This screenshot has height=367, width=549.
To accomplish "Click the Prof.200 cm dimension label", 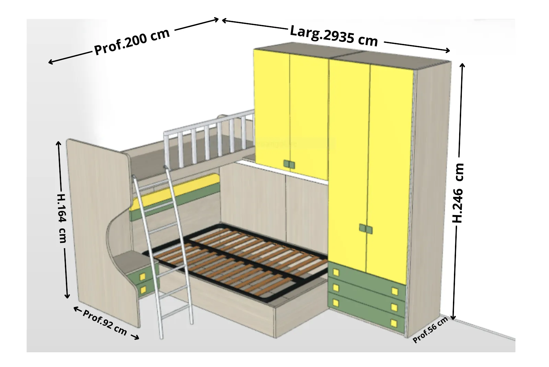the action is pyautogui.click(x=132, y=42).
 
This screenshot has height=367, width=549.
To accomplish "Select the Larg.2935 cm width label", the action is pyautogui.click(x=334, y=36).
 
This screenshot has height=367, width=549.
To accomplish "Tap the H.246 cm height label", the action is pyautogui.click(x=458, y=193).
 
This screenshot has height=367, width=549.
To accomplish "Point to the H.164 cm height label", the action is pyautogui.click(x=62, y=218).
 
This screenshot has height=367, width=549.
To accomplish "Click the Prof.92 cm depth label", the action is pyautogui.click(x=105, y=322).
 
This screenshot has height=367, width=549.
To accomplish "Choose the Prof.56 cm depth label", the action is pyautogui.click(x=430, y=329).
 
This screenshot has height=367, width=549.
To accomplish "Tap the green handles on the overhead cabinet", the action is pyautogui.click(x=289, y=164).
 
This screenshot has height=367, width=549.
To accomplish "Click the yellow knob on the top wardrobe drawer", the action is pyautogui.click(x=336, y=272).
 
